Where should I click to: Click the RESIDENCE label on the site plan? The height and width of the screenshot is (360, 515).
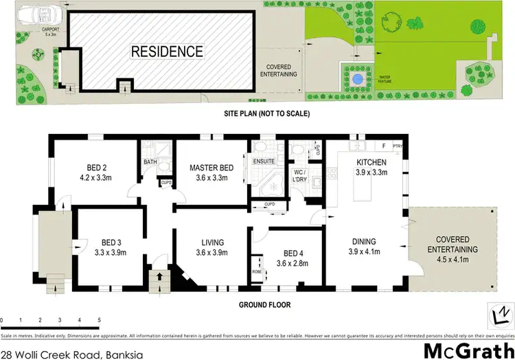168,52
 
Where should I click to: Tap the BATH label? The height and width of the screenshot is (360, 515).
150,162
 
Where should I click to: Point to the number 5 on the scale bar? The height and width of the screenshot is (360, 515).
100,321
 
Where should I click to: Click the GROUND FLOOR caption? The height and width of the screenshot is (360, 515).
265,304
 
